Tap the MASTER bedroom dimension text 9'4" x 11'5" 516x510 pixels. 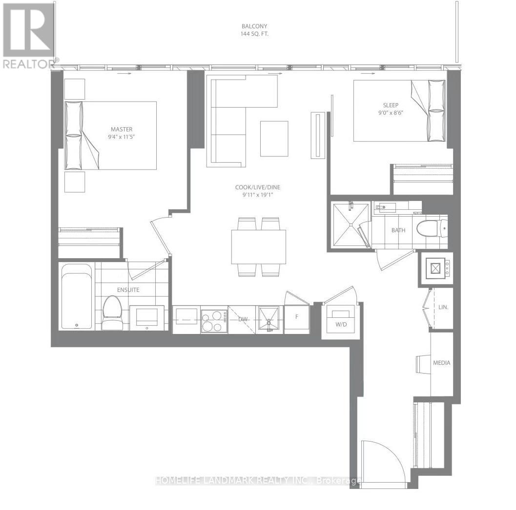[122, 137]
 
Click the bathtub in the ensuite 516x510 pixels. [77, 297]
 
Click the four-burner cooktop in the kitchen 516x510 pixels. [214, 320]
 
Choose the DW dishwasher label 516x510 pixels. [243, 319]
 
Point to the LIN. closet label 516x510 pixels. [443, 308]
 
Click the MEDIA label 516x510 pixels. [442, 363]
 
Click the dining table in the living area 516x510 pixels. [259, 246]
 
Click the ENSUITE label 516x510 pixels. [128, 290]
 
